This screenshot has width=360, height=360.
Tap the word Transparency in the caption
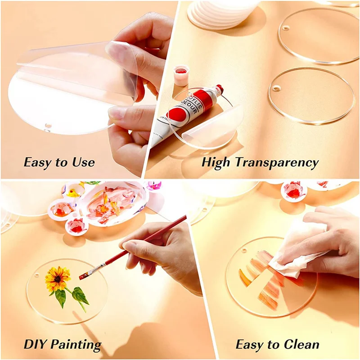click(x=278, y=162)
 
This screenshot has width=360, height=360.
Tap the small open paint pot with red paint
click(x=181, y=75)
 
